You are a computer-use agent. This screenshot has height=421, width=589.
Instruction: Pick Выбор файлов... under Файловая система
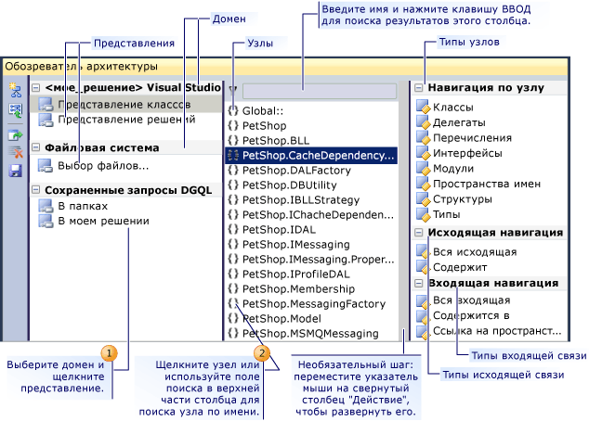point(102,166)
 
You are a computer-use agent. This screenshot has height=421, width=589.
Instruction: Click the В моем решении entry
point(101,221)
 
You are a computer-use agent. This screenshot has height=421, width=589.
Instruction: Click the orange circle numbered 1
point(110,352)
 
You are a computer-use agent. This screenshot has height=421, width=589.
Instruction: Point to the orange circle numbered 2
point(263,352)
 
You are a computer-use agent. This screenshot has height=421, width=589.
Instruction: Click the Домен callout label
point(229,19)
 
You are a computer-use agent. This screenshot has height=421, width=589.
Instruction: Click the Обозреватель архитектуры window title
point(82,67)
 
